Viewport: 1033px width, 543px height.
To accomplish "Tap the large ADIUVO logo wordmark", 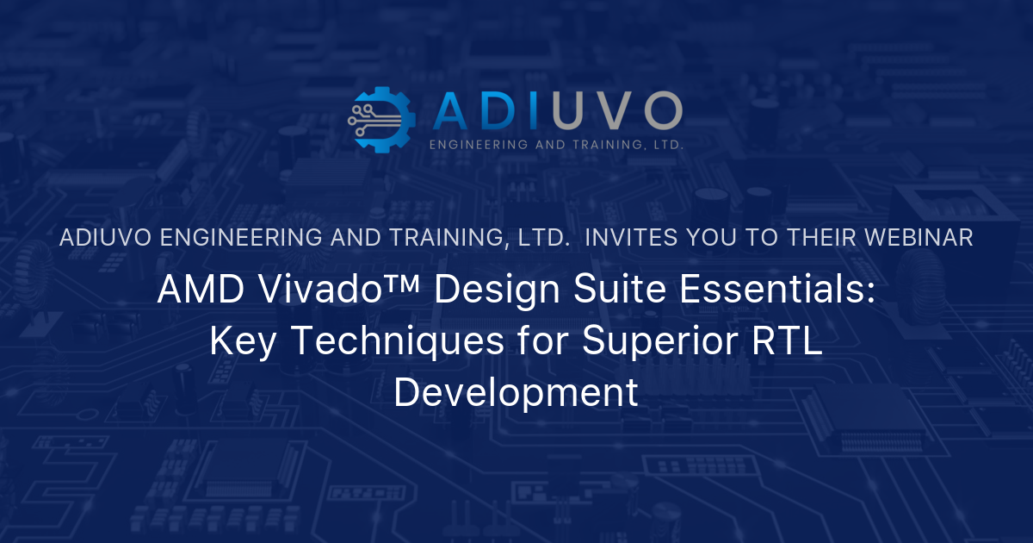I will [558, 111].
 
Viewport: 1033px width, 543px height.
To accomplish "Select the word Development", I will [516, 394].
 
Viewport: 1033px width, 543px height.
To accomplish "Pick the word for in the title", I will [541, 341].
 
